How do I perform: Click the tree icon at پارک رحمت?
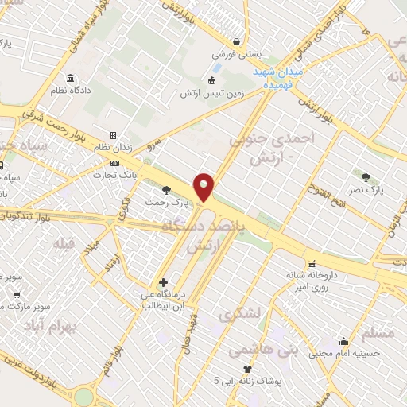pyautogui.click(x=166, y=189)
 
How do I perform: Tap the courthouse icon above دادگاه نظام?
pyautogui.click(x=72, y=78)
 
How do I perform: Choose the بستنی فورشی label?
pyautogui.click(x=235, y=56)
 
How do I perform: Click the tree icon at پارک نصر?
pyautogui.click(x=366, y=177)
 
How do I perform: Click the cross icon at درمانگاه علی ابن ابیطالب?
pyautogui.click(x=163, y=282)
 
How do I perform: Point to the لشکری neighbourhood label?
pyautogui.click(x=242, y=315)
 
